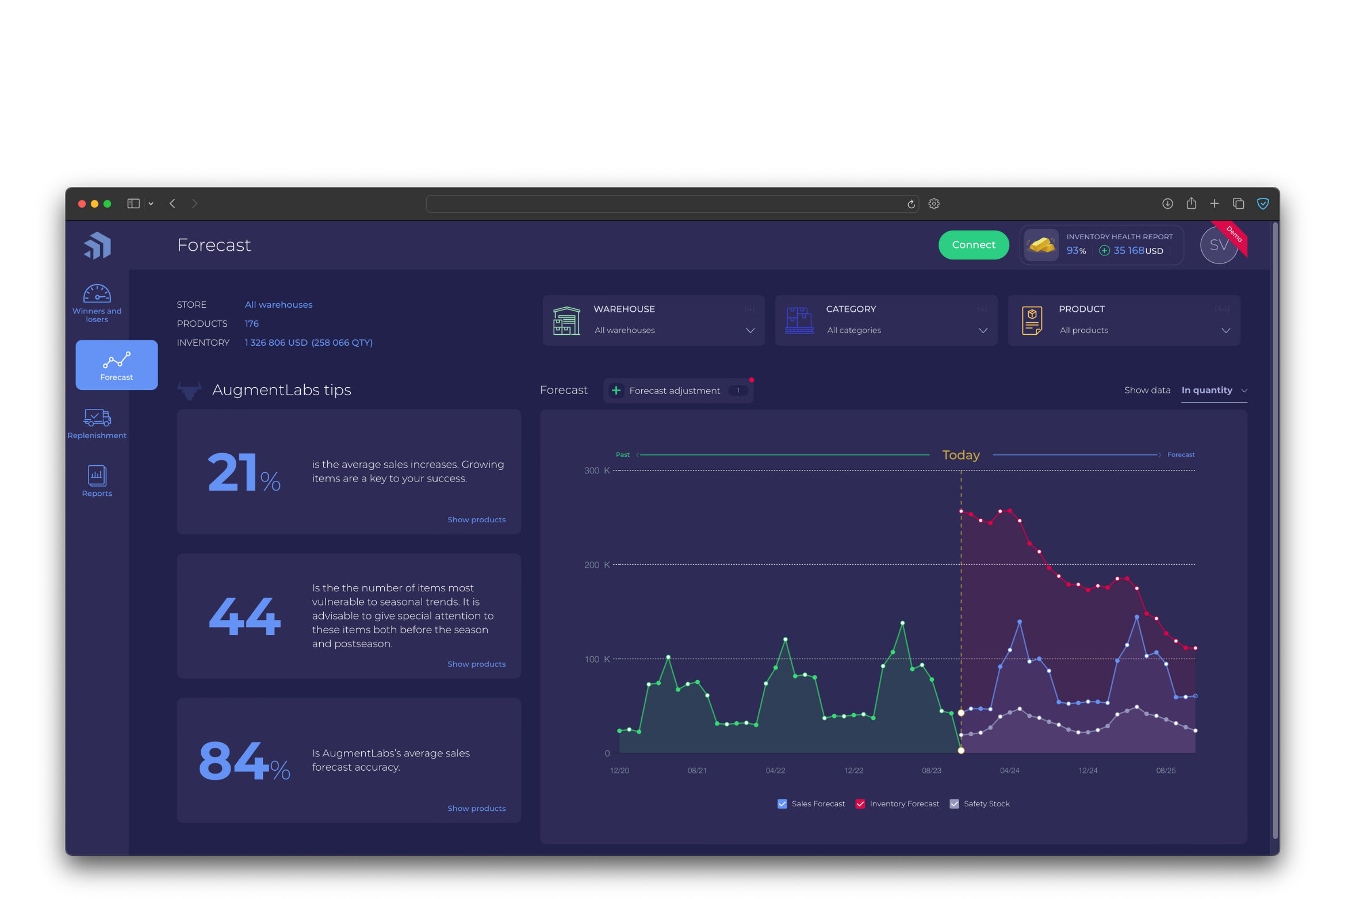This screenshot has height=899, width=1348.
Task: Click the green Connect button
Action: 973,245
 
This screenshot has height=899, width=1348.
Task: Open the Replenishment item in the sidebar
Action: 97,423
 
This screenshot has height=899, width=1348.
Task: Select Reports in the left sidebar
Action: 97,481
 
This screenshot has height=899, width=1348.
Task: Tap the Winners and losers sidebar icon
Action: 97,303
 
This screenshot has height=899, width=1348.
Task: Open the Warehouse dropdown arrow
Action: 750,331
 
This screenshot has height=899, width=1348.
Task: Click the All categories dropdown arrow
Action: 983,331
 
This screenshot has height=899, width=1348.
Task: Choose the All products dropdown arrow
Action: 1226,331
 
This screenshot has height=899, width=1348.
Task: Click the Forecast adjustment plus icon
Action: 616,391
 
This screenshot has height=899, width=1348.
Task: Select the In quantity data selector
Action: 1213,391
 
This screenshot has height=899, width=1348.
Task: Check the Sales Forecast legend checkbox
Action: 782,804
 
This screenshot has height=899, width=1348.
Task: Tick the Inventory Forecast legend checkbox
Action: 860,804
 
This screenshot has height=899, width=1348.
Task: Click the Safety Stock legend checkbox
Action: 954,804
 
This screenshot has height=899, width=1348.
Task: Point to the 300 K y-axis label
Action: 596,470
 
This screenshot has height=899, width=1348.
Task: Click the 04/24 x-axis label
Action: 1009,771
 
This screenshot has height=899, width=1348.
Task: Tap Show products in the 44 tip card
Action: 476,664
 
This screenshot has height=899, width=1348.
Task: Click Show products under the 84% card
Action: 476,809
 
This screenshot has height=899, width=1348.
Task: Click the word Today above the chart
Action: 960,455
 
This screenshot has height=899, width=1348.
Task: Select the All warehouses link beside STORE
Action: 278,305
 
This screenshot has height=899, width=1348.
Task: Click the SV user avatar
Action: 1219,246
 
